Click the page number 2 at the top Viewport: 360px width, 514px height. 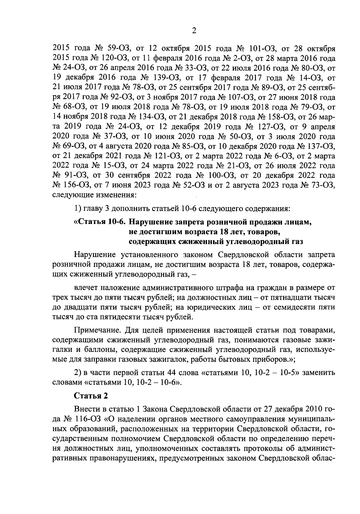(x=193, y=31)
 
